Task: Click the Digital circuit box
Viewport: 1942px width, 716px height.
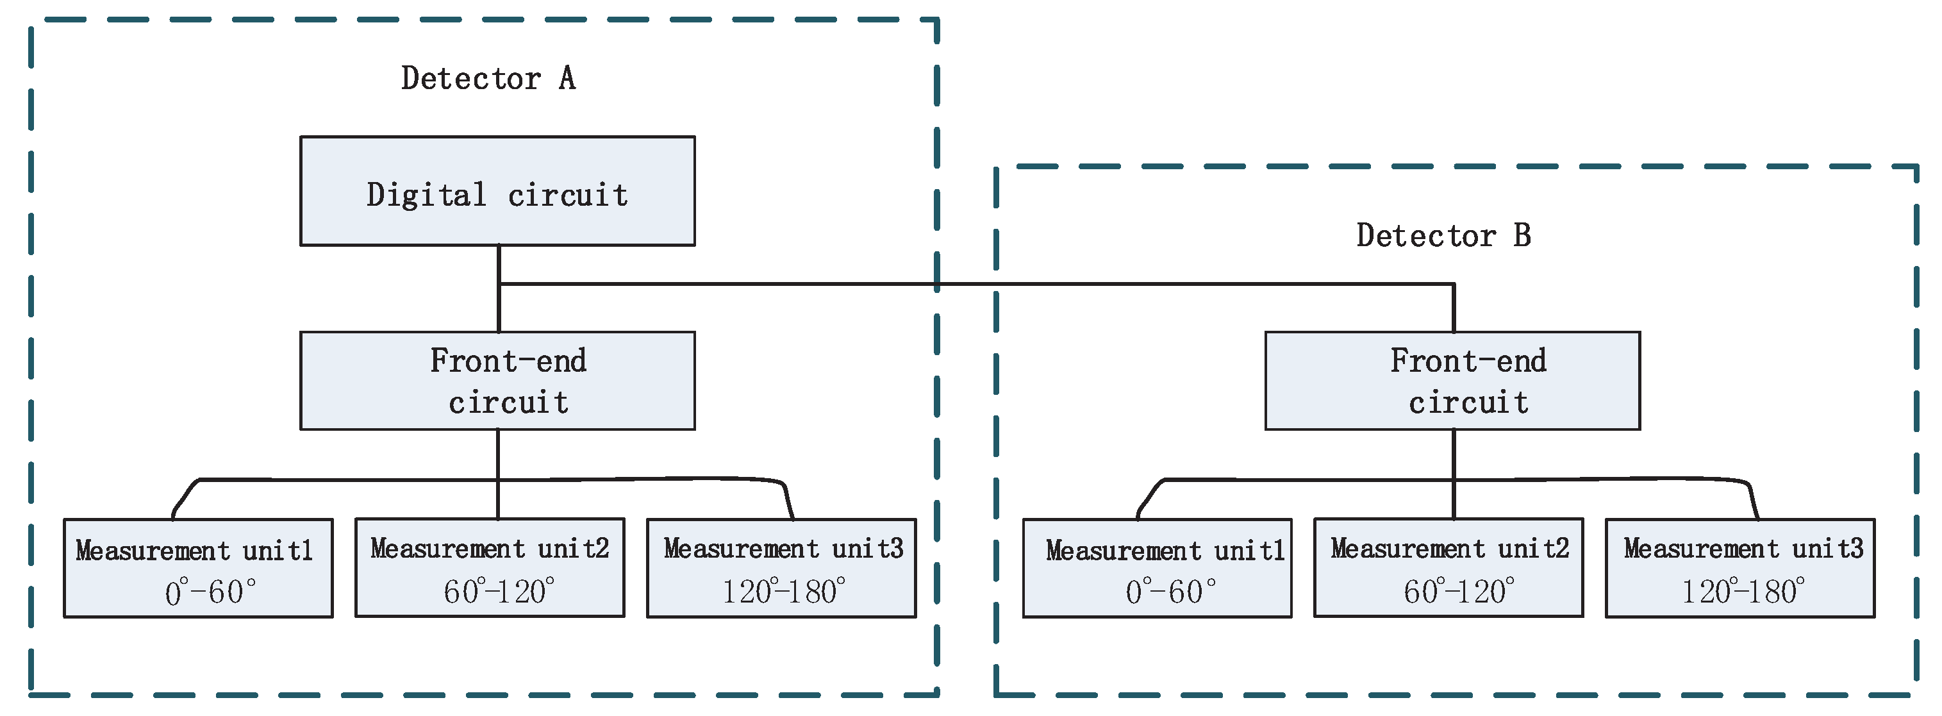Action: tap(497, 190)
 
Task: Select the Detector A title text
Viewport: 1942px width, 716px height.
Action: tap(488, 78)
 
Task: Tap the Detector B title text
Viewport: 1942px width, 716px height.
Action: tap(1443, 236)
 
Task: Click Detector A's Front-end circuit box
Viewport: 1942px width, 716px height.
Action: tap(497, 381)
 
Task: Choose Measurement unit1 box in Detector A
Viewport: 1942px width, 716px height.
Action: tap(197, 567)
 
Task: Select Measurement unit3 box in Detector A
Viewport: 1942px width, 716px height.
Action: tap(781, 567)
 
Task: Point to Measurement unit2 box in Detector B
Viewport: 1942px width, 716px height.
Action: tap(1448, 567)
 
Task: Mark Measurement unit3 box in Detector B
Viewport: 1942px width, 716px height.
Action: tap(1740, 567)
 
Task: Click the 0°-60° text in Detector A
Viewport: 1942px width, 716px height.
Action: tap(210, 592)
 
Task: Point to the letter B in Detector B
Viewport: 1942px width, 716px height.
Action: tap(1522, 236)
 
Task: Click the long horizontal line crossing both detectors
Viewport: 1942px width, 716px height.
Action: tap(980, 284)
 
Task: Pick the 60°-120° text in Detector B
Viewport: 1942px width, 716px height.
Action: tap(1458, 592)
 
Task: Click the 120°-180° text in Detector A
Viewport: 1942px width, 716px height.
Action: tap(783, 592)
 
